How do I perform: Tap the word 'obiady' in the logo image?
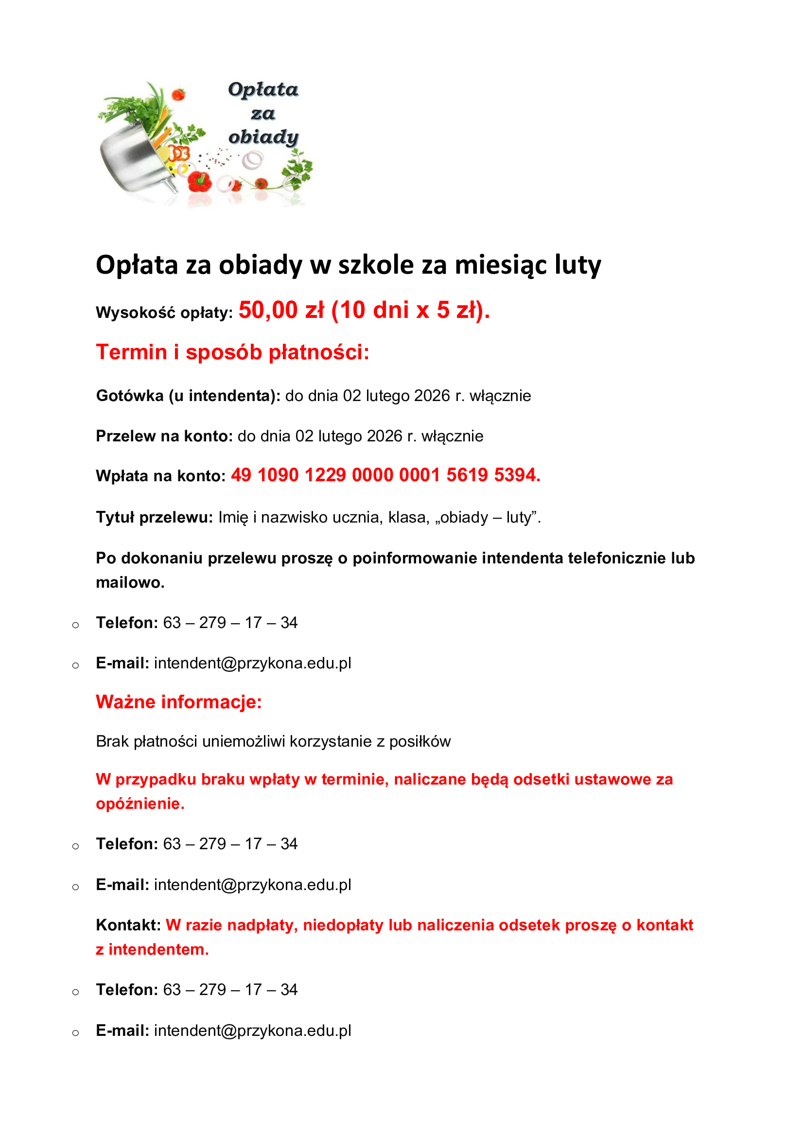(263, 137)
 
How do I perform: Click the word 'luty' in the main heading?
(578, 265)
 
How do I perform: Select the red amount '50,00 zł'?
(281, 311)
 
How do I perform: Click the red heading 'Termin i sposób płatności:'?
(233, 352)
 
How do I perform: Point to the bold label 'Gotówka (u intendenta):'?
(188, 396)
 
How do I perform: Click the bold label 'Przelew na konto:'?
(164, 436)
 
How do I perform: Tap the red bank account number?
(385, 475)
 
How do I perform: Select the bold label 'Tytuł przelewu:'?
(154, 517)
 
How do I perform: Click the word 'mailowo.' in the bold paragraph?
(130, 582)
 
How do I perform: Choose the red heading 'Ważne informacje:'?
(179, 702)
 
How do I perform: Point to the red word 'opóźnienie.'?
(140, 803)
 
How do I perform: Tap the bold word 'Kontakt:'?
(128, 925)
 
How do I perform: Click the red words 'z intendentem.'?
(153, 949)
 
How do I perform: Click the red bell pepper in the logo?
(200, 181)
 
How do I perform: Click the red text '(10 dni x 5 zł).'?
(410, 311)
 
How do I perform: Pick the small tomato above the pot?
(178, 94)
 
